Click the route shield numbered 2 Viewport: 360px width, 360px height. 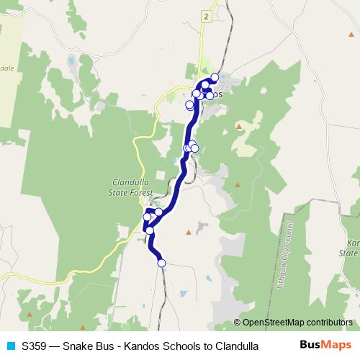click(x=206, y=17)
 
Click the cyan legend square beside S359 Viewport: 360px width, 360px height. click(x=10, y=346)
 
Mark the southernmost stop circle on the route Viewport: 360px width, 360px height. click(x=161, y=264)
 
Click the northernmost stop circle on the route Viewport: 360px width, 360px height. click(x=215, y=77)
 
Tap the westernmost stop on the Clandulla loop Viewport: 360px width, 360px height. click(x=148, y=217)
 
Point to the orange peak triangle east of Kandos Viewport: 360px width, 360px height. click(x=238, y=127)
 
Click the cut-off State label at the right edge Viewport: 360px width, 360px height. click(x=349, y=253)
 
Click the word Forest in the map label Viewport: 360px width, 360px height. click(x=142, y=192)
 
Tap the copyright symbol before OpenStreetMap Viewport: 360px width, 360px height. click(x=238, y=323)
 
